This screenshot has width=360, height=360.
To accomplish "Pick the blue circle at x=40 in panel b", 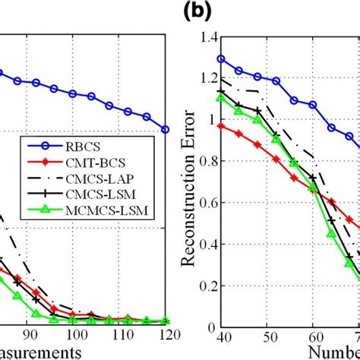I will click(x=222, y=58).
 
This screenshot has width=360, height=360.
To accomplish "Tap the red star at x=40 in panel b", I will click(x=222, y=126).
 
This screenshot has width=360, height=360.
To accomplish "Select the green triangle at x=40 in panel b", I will click(x=222, y=97).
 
